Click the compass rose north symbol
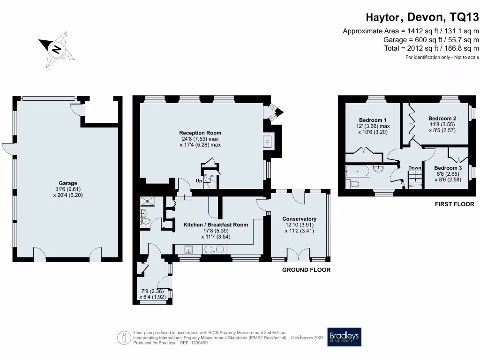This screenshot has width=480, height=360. click(x=57, y=49)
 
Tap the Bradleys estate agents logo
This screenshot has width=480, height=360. click(x=345, y=337)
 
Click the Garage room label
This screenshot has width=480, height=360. click(x=68, y=183)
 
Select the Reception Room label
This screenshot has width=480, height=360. click(x=200, y=133)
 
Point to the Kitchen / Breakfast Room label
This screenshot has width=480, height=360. click(x=216, y=225)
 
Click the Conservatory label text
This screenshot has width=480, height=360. click(x=300, y=219)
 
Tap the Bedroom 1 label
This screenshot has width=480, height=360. click(x=373, y=120)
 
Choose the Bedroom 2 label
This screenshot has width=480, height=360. click(x=442, y=119)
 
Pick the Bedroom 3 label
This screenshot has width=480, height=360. click(x=448, y=168)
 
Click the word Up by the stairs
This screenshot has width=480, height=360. click(x=199, y=181)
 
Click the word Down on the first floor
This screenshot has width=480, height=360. click(x=415, y=168)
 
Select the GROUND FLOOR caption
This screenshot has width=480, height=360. click(x=307, y=270)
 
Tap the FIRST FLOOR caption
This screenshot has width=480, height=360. click(x=455, y=204)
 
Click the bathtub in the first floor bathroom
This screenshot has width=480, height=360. click(x=358, y=171)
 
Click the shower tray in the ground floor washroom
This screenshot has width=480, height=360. click(x=148, y=202)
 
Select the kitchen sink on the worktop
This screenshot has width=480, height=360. click(x=188, y=250)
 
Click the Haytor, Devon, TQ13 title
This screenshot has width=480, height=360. click(x=422, y=17)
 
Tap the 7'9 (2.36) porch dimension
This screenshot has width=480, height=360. click(x=152, y=291)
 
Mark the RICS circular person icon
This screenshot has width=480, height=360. click(x=124, y=338)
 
